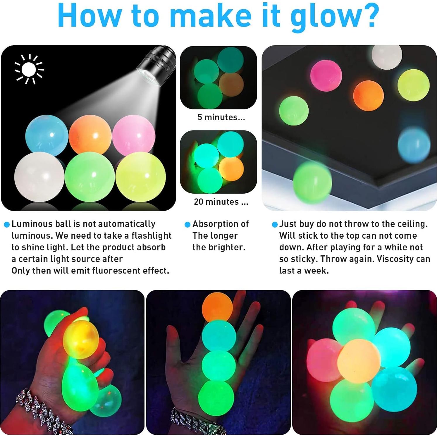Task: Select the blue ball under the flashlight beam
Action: click(x=47, y=135)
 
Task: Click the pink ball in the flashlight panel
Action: click(x=134, y=135)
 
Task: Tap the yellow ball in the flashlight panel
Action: click(x=141, y=177)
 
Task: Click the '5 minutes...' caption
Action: click(x=221, y=117)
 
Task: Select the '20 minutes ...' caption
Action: click(x=221, y=202)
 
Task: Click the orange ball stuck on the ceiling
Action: click(x=368, y=96)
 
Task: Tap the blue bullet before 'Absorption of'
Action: click(x=187, y=225)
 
